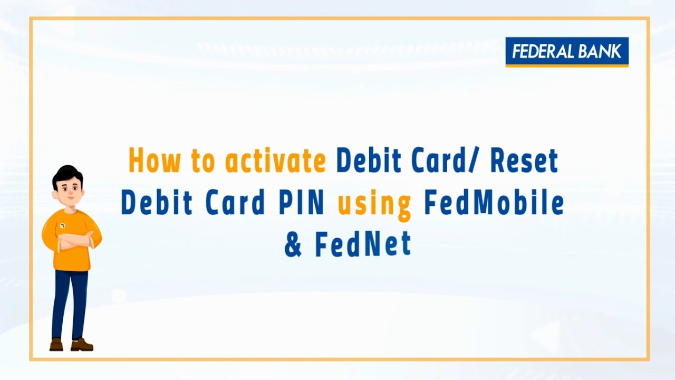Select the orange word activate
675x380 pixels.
275,160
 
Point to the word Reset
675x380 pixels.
524,160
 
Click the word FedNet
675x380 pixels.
363,244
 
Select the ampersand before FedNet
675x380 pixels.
293,245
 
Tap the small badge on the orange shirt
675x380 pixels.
62,225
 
